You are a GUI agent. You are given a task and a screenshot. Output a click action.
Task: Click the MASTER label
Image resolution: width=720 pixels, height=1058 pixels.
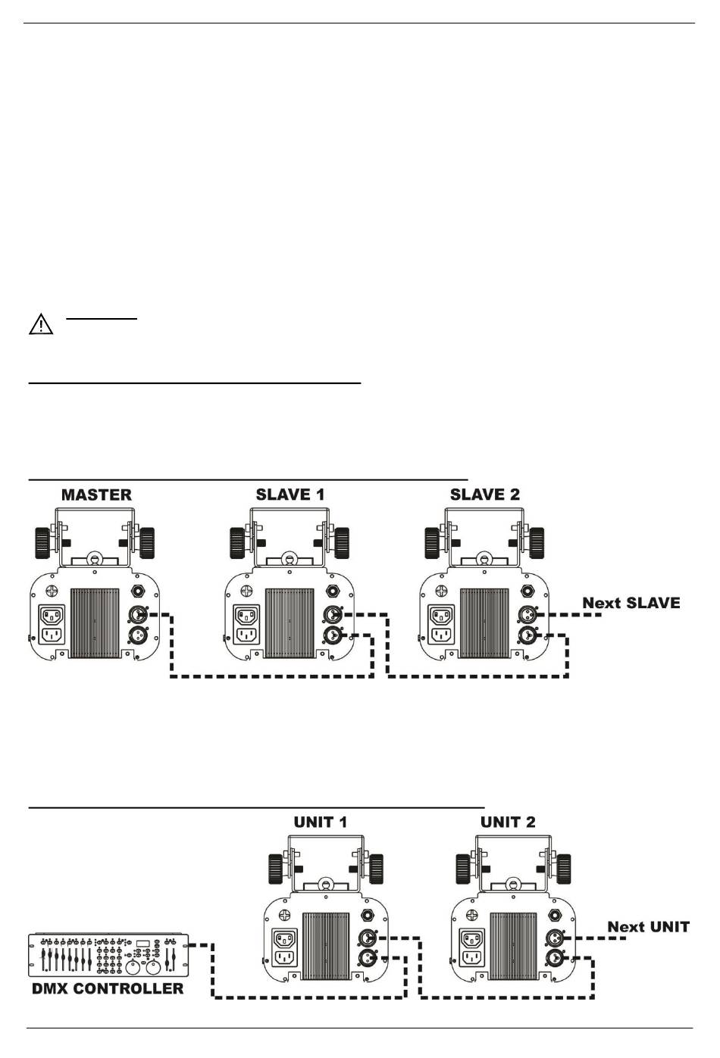[x=96, y=495]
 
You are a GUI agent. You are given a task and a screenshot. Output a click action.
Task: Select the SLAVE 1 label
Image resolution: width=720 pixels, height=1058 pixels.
[x=290, y=495]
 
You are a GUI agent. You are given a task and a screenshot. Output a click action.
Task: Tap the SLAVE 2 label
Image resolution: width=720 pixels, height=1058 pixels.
[x=484, y=495]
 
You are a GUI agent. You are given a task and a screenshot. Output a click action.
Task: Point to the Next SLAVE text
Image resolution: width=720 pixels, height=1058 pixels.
[x=631, y=603]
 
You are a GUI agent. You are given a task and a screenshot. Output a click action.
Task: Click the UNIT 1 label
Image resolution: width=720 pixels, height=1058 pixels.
[x=321, y=822]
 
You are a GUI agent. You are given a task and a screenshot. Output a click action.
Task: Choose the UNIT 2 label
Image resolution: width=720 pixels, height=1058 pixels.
[x=508, y=822]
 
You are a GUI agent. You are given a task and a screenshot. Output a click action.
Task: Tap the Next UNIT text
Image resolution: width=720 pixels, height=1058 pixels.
[x=648, y=927]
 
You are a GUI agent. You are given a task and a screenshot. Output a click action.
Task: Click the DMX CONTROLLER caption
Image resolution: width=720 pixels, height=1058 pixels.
[x=108, y=988]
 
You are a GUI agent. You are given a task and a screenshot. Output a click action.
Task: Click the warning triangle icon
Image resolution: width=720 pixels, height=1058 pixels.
[x=41, y=324]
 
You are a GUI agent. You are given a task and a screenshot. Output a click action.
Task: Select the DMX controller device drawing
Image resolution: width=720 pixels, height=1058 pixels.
[x=108, y=955]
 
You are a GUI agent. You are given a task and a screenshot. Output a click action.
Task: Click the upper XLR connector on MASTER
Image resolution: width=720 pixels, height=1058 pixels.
[x=137, y=615]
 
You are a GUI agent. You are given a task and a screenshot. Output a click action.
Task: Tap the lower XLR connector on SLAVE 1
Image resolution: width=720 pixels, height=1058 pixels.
[x=332, y=635]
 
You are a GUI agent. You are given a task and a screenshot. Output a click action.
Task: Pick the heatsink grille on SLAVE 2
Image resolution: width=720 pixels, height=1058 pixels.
[x=484, y=623]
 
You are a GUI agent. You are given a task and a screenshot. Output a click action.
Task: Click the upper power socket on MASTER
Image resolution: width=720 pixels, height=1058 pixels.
[x=52, y=616]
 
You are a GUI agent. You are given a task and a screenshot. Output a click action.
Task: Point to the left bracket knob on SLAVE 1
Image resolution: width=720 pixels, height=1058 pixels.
[x=237, y=543]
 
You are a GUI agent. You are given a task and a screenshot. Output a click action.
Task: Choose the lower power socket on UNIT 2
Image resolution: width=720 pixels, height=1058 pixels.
[x=472, y=957]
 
